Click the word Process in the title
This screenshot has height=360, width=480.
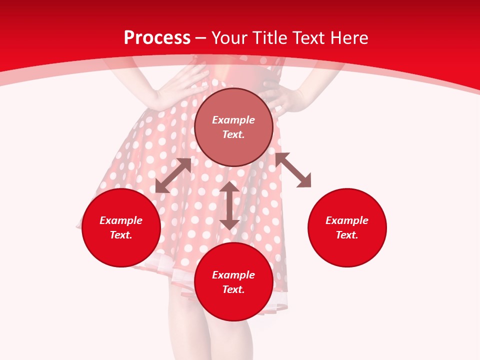pos(157,38)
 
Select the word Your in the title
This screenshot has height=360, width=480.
pos(230,38)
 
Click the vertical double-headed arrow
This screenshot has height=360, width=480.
pos(229,205)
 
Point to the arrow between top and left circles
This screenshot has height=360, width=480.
pos(173,175)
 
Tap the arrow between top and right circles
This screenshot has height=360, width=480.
pos(293,170)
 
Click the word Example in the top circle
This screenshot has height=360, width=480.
pos(233,120)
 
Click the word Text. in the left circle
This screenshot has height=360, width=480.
pos(121,235)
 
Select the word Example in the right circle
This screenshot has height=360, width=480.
pos(347,220)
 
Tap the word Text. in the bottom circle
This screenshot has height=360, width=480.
pos(233,289)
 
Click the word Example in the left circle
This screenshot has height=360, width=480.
pos(121,220)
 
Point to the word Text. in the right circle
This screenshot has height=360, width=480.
pos(347,235)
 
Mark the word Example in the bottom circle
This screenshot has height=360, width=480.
pos(233,275)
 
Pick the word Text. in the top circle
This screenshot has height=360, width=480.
pos(233,134)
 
